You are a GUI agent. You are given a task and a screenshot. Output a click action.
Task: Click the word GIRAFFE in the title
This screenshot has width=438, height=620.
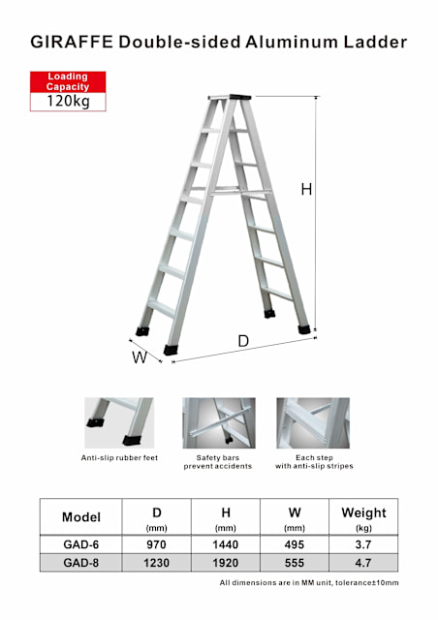click(71, 42)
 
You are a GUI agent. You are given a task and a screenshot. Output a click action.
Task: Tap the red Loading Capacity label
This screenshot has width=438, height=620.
click(67, 81)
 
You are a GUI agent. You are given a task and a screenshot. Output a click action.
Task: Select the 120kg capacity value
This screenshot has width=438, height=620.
click(67, 101)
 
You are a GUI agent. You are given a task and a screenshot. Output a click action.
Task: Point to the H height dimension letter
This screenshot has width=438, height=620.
click(306, 190)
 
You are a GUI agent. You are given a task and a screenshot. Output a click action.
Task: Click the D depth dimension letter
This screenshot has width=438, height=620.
click(243, 341)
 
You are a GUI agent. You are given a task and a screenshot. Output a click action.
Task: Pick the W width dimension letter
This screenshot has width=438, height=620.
click(140, 356)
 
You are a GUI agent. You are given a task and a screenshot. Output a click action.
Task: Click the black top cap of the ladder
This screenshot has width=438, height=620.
click(239, 97)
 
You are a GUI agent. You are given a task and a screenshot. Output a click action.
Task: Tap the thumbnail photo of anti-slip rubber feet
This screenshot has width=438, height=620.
click(118, 421)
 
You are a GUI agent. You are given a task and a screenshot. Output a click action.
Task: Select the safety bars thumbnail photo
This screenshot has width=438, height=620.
click(218, 421)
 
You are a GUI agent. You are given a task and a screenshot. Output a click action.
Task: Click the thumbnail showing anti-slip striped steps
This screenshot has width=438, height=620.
click(312, 421)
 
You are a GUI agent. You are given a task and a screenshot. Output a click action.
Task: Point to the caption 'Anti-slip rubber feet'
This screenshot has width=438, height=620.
click(119, 457)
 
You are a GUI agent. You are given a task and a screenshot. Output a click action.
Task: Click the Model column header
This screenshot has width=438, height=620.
click(81, 516)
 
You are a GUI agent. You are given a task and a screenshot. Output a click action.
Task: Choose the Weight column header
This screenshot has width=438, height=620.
click(363, 515)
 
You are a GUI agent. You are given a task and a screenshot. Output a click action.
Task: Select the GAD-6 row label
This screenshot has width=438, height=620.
click(81, 544)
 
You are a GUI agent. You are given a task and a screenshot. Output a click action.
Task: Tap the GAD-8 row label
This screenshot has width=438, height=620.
click(81, 562)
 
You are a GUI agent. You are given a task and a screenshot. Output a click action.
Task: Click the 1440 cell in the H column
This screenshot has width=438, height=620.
click(225, 544)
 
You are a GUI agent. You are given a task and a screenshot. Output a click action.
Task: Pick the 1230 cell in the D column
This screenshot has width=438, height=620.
click(157, 562)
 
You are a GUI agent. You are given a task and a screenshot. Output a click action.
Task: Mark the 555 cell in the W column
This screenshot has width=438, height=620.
click(294, 562)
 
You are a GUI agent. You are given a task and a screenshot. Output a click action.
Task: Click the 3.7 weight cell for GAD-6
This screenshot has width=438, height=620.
click(363, 544)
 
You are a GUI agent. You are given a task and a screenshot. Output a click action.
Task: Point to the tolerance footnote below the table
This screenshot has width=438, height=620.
click(308, 582)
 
